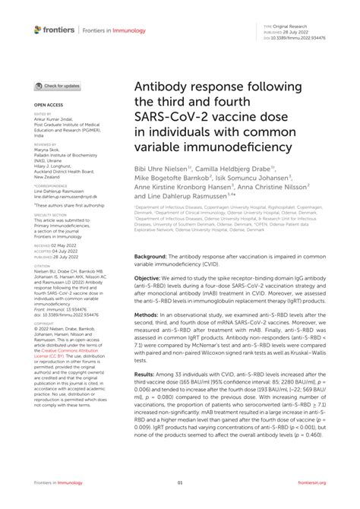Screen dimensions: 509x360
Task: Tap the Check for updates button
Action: coord(57,86)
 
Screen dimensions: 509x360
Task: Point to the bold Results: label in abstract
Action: coord(150,396)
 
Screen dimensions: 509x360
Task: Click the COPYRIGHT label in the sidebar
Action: coord(44,323)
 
